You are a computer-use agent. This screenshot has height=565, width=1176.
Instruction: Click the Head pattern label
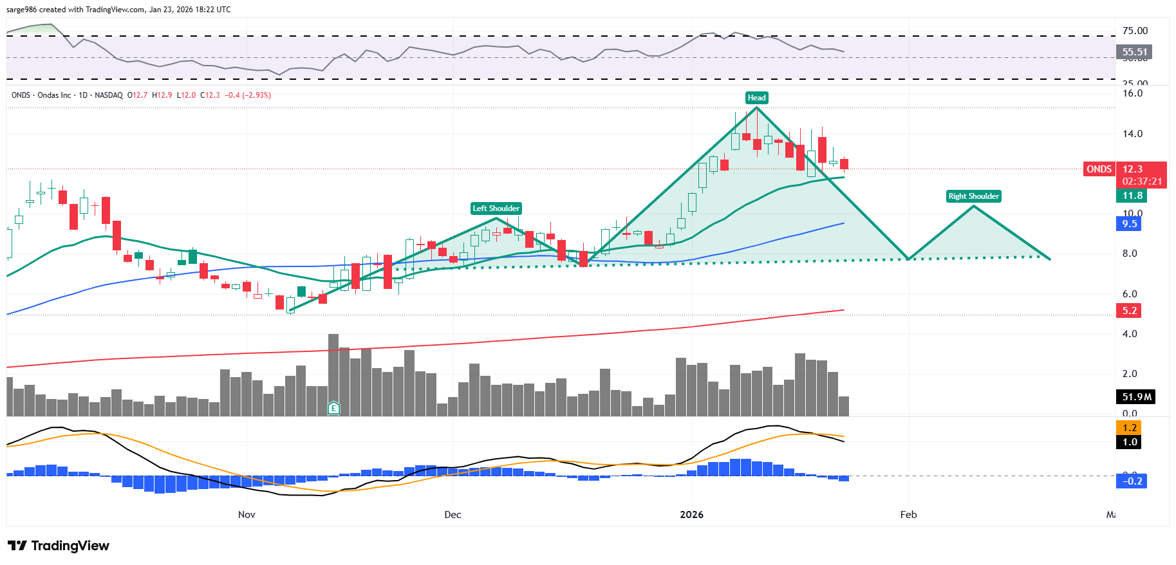pyautogui.click(x=756, y=98)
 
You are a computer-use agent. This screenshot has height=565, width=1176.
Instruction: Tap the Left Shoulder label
pyautogui.click(x=496, y=208)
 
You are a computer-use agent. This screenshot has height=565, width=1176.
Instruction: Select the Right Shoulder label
pyautogui.click(x=973, y=196)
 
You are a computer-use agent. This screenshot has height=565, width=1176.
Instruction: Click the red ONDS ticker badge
pyautogui.click(x=1099, y=169)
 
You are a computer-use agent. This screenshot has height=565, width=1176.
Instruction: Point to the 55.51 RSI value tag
pyautogui.click(x=1134, y=52)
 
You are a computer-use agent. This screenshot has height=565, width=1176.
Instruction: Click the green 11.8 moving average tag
pyautogui.click(x=1132, y=196)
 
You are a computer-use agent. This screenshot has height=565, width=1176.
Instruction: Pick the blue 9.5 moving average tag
pyautogui.click(x=1129, y=224)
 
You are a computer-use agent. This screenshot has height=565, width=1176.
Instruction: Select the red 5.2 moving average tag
pyautogui.click(x=1129, y=311)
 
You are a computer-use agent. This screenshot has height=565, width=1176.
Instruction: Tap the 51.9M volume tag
pyautogui.click(x=1136, y=397)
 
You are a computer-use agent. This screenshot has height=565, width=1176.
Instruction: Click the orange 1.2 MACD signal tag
pyautogui.click(x=1129, y=428)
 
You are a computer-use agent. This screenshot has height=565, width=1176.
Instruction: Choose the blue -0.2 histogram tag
pyautogui.click(x=1132, y=481)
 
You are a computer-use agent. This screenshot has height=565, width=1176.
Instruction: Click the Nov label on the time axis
pyautogui.click(x=247, y=515)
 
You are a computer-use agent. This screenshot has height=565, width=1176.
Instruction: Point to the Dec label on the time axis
pyautogui.click(x=453, y=515)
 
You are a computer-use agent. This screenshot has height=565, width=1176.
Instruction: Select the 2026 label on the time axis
pyautogui.click(x=692, y=515)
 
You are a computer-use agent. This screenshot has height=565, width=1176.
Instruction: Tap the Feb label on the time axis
pyautogui.click(x=908, y=515)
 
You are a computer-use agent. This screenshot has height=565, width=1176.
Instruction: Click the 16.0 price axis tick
pyautogui.click(x=1132, y=93)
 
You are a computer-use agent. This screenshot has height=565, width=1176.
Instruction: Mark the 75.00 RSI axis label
pyautogui.click(x=1135, y=31)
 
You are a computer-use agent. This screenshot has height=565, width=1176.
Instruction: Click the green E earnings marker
pyautogui.click(x=333, y=407)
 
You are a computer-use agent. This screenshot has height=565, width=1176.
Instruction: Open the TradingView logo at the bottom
pyautogui.click(x=59, y=546)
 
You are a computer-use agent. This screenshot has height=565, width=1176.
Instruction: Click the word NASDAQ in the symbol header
pyautogui.click(x=108, y=95)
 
